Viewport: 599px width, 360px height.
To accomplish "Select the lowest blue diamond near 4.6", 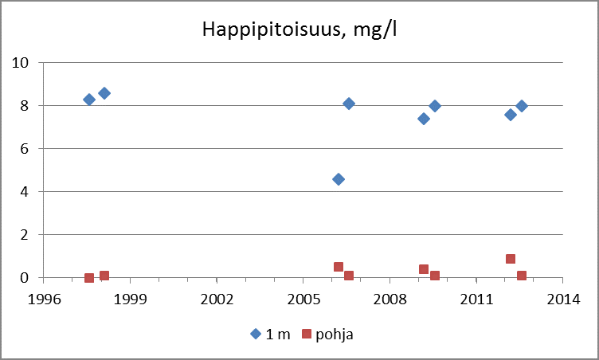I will tap(339, 179).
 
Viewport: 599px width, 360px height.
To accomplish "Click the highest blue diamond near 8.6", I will tap(104, 93).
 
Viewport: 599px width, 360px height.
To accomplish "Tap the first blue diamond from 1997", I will tap(89, 100).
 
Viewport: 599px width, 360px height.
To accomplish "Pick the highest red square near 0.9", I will tap(511, 259).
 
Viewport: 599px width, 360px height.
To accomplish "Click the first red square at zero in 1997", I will tap(89, 278).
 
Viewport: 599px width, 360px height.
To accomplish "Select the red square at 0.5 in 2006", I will tap(339, 267).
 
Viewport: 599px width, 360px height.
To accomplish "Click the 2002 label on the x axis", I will tap(217, 299).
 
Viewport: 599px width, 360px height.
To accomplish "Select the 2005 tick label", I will tap(303, 299).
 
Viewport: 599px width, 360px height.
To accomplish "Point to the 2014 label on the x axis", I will tap(562, 299).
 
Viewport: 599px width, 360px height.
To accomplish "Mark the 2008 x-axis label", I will tap(390, 299).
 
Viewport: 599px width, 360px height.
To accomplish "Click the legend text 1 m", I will tap(277, 335).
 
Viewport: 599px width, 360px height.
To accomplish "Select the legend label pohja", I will tap(335, 335).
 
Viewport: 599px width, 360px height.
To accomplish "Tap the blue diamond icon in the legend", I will tap(256, 335).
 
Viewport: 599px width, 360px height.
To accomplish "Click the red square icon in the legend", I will tap(307, 335).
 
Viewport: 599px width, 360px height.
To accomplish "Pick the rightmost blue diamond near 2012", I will tap(522, 106).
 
